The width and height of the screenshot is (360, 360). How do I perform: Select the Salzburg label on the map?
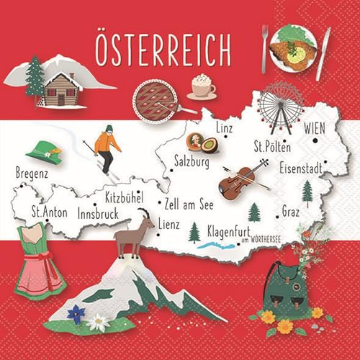tap(192, 162)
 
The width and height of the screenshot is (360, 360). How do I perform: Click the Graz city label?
tap(291, 212)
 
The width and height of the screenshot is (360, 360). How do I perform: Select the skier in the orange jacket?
tap(107, 148)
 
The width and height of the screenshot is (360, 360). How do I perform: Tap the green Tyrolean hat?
tap(45, 151)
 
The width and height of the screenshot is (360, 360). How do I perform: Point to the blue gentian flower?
tap(76, 314)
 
